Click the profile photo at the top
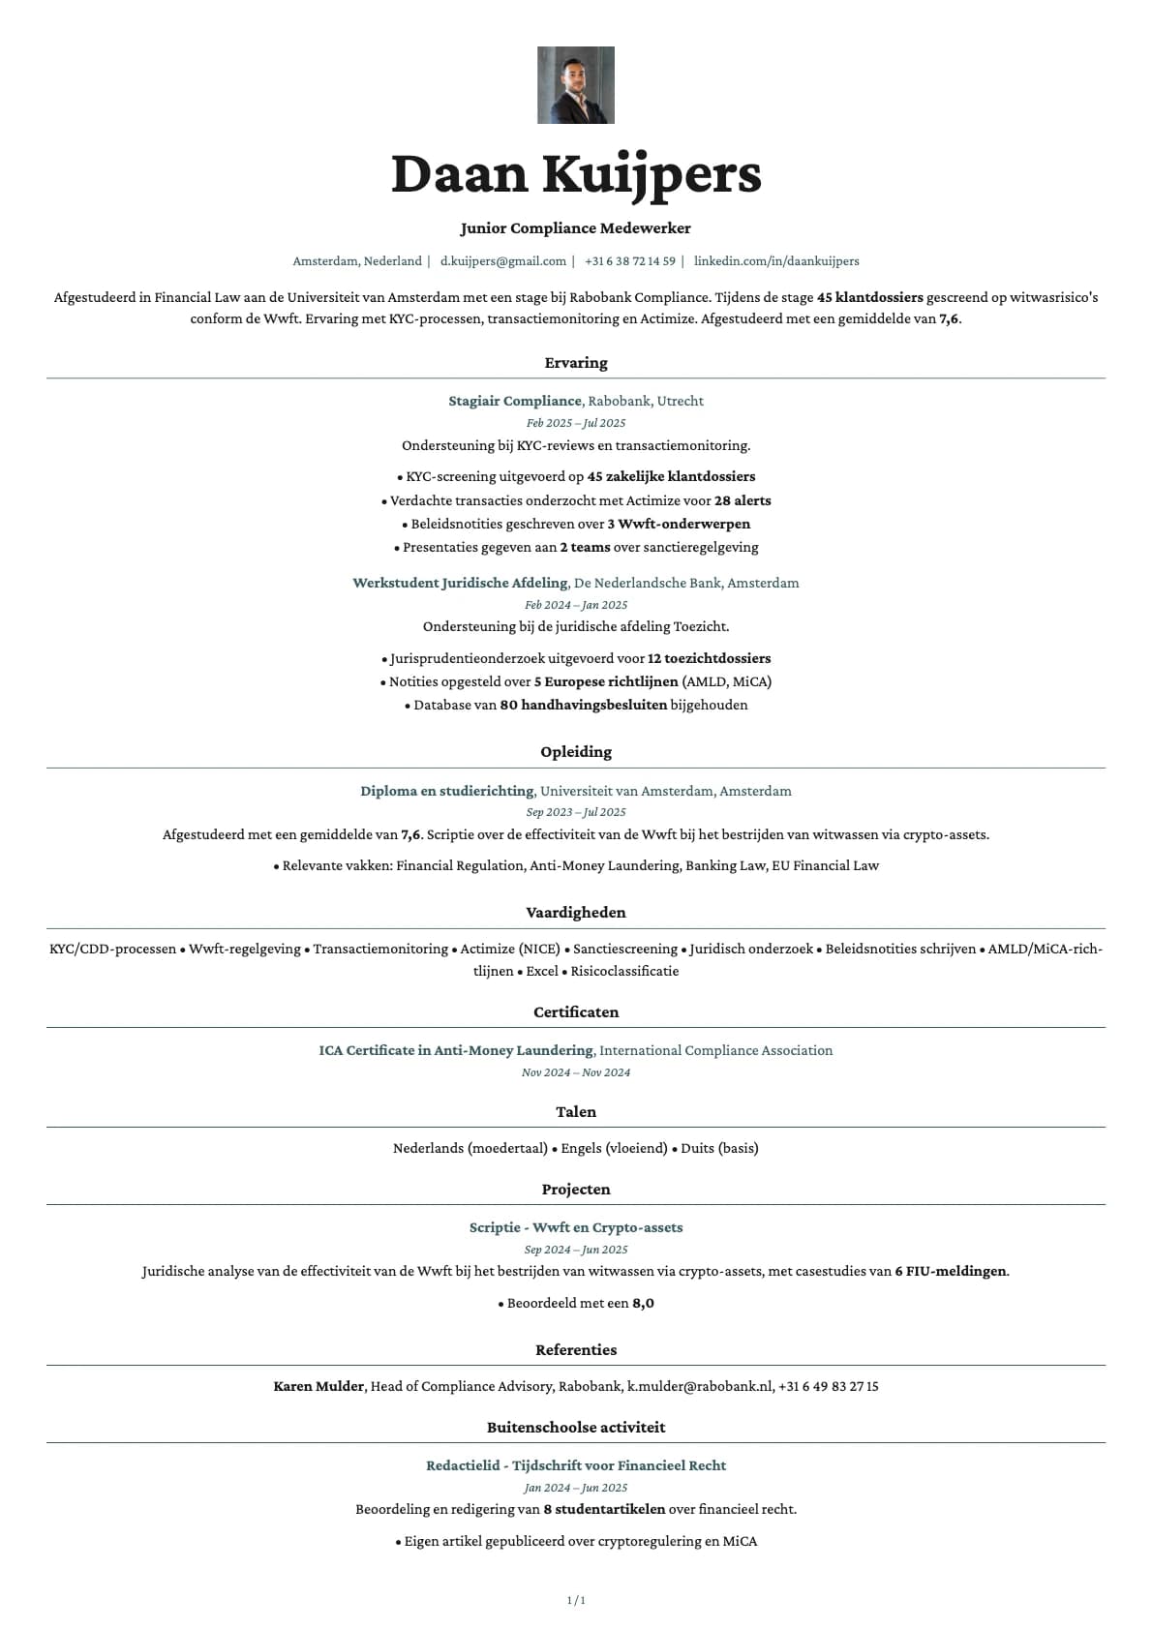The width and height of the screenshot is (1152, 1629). (575, 85)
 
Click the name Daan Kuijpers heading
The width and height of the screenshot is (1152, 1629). (575, 174)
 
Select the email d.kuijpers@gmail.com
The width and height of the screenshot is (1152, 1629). (502, 261)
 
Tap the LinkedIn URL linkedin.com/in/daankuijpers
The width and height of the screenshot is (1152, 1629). (775, 261)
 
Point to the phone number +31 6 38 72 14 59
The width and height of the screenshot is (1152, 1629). (629, 261)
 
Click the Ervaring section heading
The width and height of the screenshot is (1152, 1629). (575, 363)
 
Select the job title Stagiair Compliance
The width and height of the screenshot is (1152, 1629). (514, 401)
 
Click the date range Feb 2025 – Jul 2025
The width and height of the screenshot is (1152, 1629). (575, 423)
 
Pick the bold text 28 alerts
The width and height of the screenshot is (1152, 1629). (743, 500)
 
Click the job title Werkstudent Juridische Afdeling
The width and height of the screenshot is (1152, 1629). (460, 583)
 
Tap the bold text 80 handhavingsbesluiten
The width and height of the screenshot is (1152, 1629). (583, 705)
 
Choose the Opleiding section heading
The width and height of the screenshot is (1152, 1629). (575, 752)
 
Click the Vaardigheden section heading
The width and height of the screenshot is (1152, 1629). (575, 913)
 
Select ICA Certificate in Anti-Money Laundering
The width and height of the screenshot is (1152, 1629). (455, 1050)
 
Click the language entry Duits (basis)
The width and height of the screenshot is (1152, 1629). (719, 1148)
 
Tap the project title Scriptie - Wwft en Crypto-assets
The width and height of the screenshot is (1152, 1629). (575, 1227)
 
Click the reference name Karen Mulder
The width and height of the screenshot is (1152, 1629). (318, 1386)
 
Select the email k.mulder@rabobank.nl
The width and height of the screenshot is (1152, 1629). (700, 1386)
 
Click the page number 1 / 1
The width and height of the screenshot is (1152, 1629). (575, 1600)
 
